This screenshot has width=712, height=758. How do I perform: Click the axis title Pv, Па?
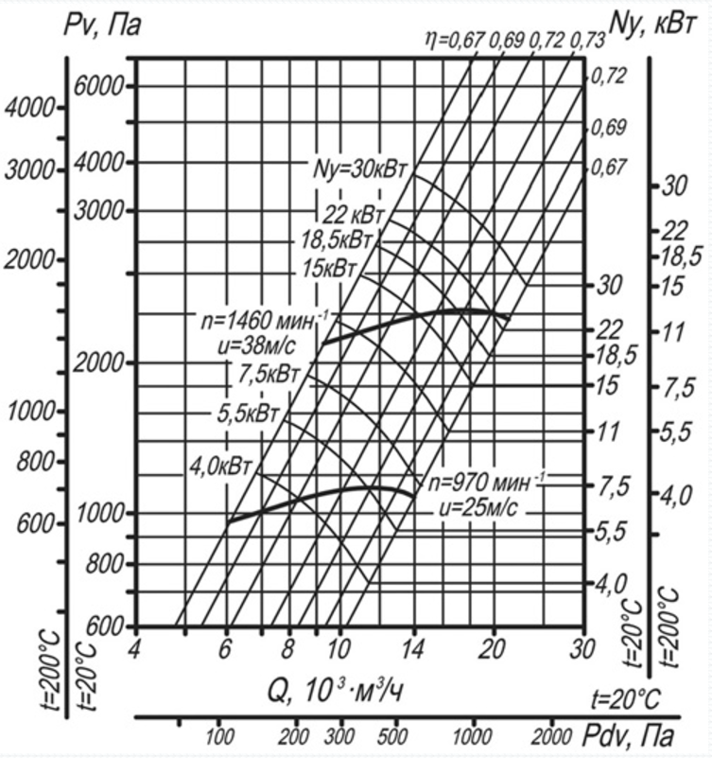[x=102, y=26]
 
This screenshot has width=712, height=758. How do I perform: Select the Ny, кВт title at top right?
[x=652, y=25]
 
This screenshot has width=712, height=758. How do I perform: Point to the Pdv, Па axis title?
[x=628, y=736]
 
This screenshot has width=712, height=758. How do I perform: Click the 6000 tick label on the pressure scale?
[x=99, y=87]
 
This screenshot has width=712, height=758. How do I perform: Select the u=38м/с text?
[x=256, y=345]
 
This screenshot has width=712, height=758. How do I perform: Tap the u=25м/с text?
[x=478, y=507]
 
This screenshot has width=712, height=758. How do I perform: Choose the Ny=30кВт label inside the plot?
[x=360, y=169]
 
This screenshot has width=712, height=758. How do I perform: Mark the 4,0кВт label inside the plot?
[x=221, y=467]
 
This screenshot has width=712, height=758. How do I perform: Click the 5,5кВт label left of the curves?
[x=249, y=414]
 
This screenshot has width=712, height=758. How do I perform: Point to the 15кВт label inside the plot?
[x=329, y=269]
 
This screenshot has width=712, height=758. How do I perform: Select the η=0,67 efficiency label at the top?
[x=455, y=40]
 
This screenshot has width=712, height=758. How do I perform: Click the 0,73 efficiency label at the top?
[x=587, y=42]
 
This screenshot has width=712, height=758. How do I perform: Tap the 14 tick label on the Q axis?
[x=413, y=649]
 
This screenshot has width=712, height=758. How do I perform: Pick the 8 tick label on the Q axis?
[x=287, y=649]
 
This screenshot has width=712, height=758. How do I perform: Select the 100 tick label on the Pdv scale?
[x=219, y=737]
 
